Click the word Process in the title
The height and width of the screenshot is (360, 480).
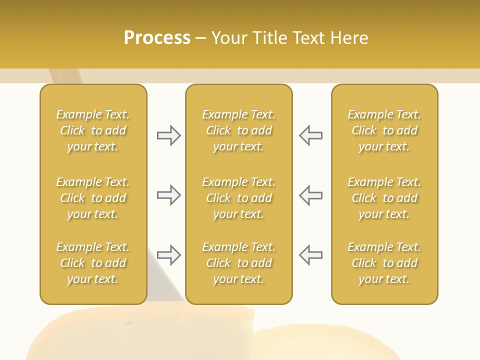[157, 38]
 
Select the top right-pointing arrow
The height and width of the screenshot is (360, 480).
[168, 135]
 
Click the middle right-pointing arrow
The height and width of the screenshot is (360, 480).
[168, 195]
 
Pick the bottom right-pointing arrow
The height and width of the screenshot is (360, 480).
[168, 255]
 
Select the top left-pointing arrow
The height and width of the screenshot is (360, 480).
[311, 135]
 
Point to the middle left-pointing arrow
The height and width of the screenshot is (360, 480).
[311, 195]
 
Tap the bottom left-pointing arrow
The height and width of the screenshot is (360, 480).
[311, 255]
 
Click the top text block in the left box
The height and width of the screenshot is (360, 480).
[93, 130]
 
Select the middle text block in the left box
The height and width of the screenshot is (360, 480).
[93, 198]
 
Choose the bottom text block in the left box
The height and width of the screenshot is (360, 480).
[93, 263]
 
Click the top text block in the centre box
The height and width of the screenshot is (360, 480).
[239, 130]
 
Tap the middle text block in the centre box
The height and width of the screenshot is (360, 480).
[239, 198]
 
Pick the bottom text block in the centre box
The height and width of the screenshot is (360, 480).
[239, 263]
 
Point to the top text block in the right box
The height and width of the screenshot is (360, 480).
[384, 130]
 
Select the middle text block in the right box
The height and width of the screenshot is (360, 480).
[384, 198]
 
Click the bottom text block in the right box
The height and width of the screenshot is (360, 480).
[384, 263]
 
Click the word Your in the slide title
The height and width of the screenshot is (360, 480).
[228, 38]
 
